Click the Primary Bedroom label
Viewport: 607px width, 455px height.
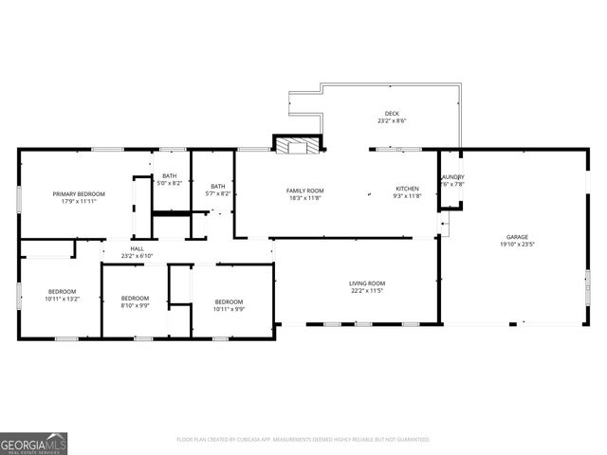[79, 193]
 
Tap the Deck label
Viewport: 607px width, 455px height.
[392, 114]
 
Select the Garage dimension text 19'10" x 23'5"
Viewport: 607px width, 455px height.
[517, 244]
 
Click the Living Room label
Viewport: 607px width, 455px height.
[367, 282]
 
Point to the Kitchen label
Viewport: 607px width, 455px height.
[407, 190]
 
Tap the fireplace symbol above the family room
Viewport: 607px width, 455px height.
[298, 145]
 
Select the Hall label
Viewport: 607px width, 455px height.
[137, 249]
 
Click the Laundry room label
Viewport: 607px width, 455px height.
[451, 177]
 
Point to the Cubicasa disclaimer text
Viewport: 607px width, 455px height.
[303, 440]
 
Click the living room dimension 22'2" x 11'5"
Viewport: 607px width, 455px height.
[367, 290]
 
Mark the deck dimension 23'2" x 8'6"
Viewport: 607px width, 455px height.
[392, 121]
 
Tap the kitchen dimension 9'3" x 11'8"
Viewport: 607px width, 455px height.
[407, 197]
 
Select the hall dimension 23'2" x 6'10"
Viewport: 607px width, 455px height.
[137, 256]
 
